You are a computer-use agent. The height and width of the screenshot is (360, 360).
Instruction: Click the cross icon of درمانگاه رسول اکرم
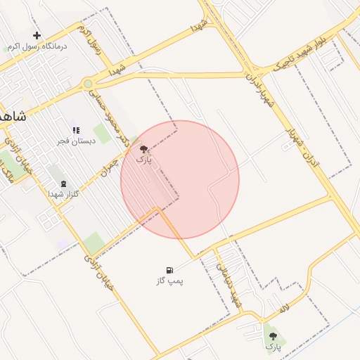click(x=37, y=35)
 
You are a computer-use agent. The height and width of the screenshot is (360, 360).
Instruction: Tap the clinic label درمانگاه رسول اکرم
click(x=37, y=46)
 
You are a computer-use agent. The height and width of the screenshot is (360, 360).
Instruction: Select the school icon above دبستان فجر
click(x=75, y=130)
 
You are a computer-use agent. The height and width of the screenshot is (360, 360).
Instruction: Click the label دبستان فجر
click(x=74, y=141)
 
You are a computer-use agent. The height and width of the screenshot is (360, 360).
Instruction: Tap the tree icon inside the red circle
click(x=143, y=149)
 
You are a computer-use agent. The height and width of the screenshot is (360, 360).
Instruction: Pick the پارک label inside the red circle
click(x=143, y=160)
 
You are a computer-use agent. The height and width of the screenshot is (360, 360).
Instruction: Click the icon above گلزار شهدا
click(x=64, y=184)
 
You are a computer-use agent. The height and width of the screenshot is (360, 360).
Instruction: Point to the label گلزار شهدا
click(x=63, y=194)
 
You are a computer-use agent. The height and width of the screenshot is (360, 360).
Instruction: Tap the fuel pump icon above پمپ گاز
click(x=169, y=270)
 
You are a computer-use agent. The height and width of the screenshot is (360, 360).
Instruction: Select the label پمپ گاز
click(x=169, y=281)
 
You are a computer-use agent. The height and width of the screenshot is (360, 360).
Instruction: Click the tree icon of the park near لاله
click(x=273, y=336)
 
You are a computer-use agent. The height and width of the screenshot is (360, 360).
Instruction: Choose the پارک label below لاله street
click(x=273, y=347)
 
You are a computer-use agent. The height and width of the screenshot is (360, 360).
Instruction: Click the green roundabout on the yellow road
click(x=88, y=84)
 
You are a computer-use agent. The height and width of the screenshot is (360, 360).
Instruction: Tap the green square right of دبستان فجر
click(x=103, y=134)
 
